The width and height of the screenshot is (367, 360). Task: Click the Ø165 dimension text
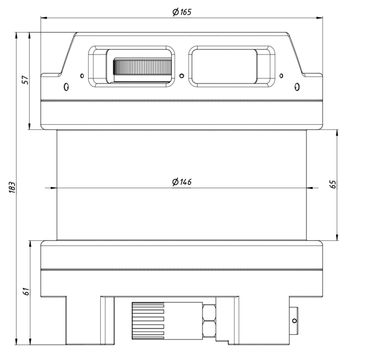pos(182,11)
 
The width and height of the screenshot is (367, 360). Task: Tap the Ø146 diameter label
pos(182,182)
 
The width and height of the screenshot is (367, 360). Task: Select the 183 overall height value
pos(12,187)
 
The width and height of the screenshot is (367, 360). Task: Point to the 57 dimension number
pos(25,80)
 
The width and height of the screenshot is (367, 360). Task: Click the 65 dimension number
pos(333,184)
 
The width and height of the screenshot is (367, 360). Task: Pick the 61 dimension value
pos(26,291)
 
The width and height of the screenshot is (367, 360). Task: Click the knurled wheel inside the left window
pos(143,67)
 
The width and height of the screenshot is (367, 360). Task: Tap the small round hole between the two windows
pos(181,76)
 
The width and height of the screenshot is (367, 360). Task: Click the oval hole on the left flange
pos(66,87)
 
